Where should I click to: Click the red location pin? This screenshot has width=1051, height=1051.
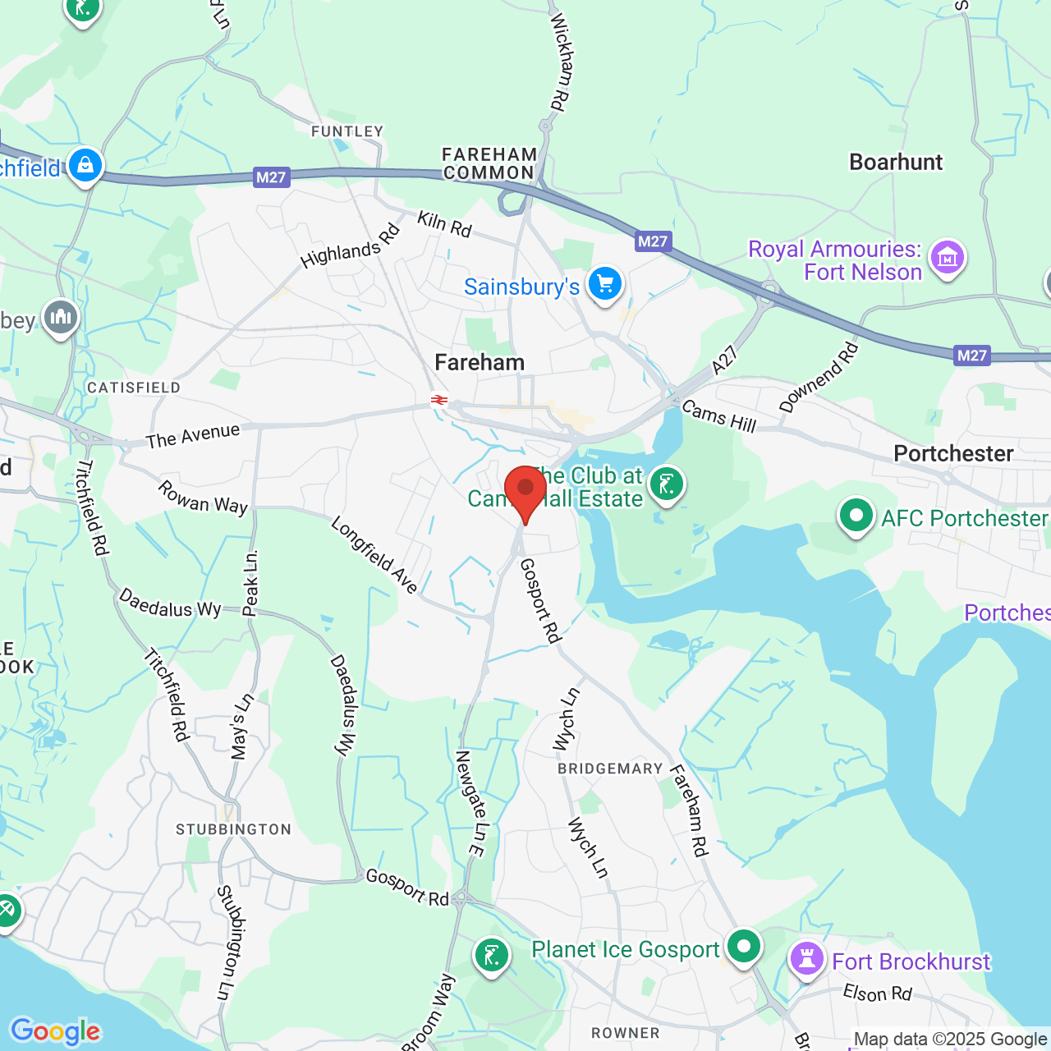(525, 490)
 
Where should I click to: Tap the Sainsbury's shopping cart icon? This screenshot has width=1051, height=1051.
(605, 284)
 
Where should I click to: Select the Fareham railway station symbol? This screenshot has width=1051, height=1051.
(439, 400)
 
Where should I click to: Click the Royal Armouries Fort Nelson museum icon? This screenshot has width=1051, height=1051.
(948, 258)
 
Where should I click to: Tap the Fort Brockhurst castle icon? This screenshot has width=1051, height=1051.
(806, 958)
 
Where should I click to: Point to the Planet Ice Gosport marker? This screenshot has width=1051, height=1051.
(744, 947)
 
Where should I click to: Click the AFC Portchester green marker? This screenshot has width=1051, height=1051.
(856, 516)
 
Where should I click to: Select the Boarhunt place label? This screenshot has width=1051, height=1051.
(896, 162)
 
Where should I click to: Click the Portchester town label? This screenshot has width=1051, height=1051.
(953, 453)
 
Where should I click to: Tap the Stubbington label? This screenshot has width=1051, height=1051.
(233, 829)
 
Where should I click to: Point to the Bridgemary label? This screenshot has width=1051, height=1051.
(610, 769)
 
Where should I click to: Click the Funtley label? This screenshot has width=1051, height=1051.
(347, 131)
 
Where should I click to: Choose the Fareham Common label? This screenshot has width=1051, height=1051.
(489, 163)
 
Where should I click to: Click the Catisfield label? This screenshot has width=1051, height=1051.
(134, 388)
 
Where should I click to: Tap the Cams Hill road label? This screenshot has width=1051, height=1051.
(718, 415)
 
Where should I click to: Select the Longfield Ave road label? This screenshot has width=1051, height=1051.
(374, 554)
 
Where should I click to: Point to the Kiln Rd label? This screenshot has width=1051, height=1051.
(444, 223)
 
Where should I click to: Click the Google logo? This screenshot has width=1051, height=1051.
(55, 1031)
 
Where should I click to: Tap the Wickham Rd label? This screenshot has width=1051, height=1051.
(559, 62)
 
